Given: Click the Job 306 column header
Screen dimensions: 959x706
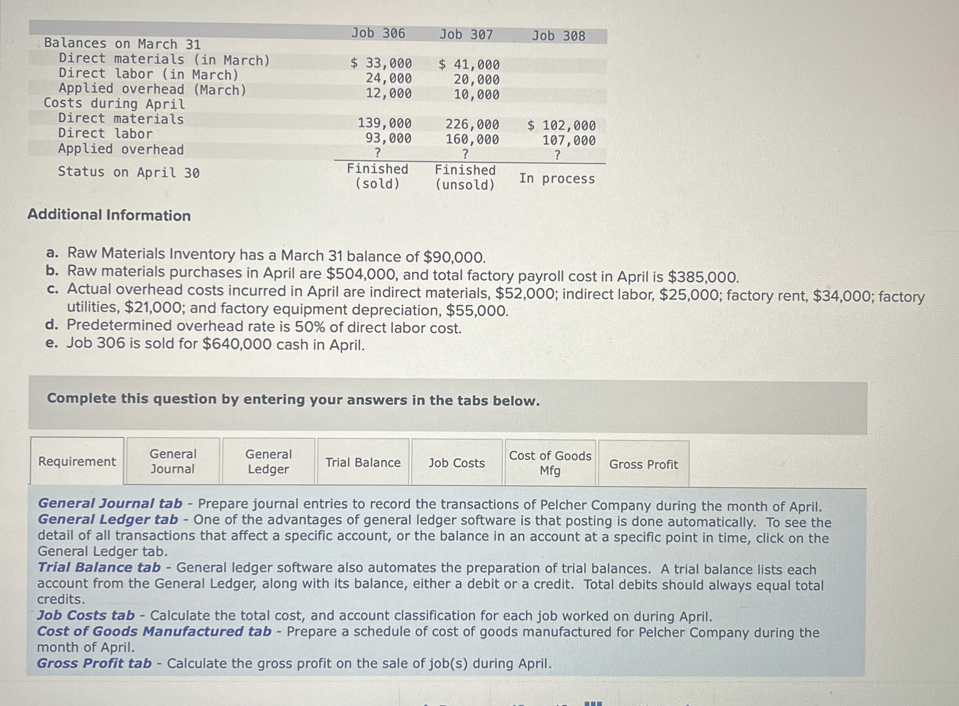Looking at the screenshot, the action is [x=378, y=33].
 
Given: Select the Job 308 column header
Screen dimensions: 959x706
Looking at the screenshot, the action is [x=558, y=36].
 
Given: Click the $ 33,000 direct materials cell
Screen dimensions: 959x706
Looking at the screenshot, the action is [x=381, y=63].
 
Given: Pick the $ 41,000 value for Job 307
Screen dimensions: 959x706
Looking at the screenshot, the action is [x=469, y=64].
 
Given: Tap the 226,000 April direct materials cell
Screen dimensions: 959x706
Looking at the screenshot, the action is [x=472, y=124].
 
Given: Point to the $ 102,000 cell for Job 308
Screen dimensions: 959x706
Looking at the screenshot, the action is [x=562, y=126].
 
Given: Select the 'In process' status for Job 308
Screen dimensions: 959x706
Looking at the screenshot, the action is [x=557, y=179].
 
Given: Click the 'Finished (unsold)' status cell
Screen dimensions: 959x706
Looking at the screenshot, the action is [x=465, y=177].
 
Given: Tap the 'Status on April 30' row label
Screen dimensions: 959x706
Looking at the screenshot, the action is [x=128, y=172].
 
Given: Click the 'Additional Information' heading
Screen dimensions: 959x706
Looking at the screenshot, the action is [x=109, y=215].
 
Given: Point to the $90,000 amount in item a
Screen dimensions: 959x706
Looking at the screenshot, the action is [x=454, y=257].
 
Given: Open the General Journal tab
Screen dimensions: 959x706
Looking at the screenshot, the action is [x=173, y=462].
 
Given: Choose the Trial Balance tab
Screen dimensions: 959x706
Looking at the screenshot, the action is [x=363, y=463].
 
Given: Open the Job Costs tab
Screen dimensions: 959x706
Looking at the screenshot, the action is [x=456, y=463].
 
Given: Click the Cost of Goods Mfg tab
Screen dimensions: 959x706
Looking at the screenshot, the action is [x=550, y=463].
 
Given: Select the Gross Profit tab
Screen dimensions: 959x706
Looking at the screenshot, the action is [x=644, y=464].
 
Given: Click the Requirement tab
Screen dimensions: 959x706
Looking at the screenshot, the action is [x=77, y=462].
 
